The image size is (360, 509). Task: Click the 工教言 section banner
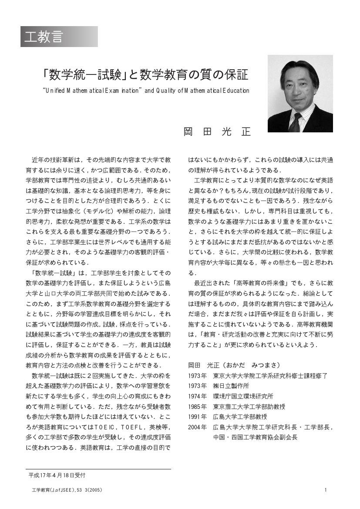tap(59, 37)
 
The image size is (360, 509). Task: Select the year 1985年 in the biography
tap(197, 406)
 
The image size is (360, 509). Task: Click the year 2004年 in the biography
tap(197, 427)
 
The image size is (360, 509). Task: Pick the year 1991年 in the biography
tap(197, 417)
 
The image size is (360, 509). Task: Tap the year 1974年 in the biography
tap(197, 396)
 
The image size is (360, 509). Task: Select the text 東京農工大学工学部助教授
tap(249, 406)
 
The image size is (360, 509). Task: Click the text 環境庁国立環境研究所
tap(243, 396)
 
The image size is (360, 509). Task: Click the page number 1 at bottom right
tap(326, 490)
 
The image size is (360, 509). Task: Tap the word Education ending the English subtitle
tap(235, 91)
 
